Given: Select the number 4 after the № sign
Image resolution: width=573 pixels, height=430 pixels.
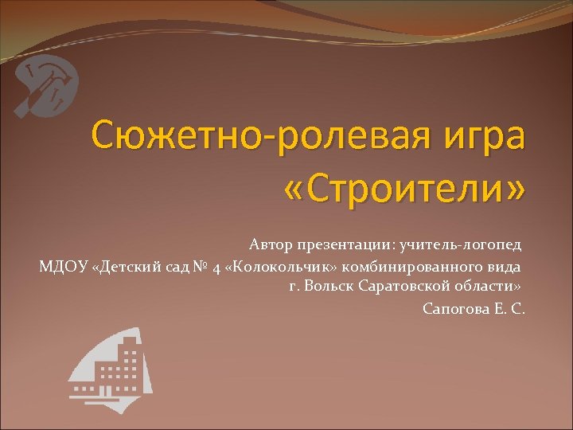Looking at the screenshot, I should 216,266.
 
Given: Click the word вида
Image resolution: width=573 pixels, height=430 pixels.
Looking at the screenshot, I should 507,265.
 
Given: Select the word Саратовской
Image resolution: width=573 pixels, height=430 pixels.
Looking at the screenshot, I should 407,286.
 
